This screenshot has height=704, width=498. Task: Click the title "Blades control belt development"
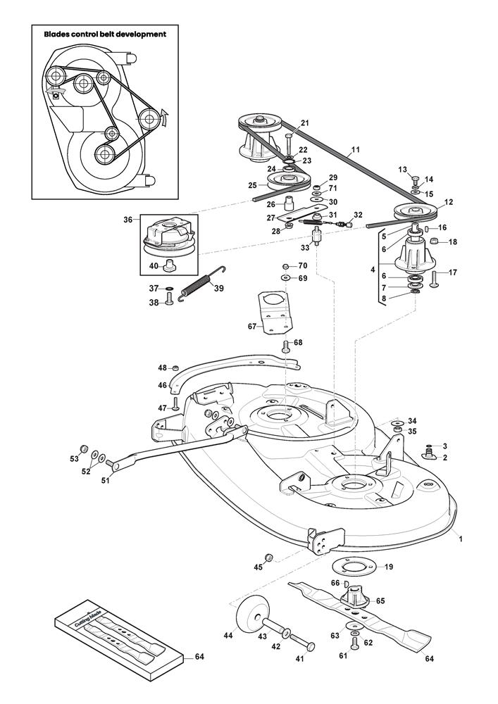105,34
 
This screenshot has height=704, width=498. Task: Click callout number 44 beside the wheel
228,635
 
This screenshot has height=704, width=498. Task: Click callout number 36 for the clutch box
127,220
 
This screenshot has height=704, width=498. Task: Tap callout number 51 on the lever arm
106,482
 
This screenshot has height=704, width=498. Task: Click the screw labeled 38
169,301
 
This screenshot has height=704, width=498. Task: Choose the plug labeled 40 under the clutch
169,267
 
